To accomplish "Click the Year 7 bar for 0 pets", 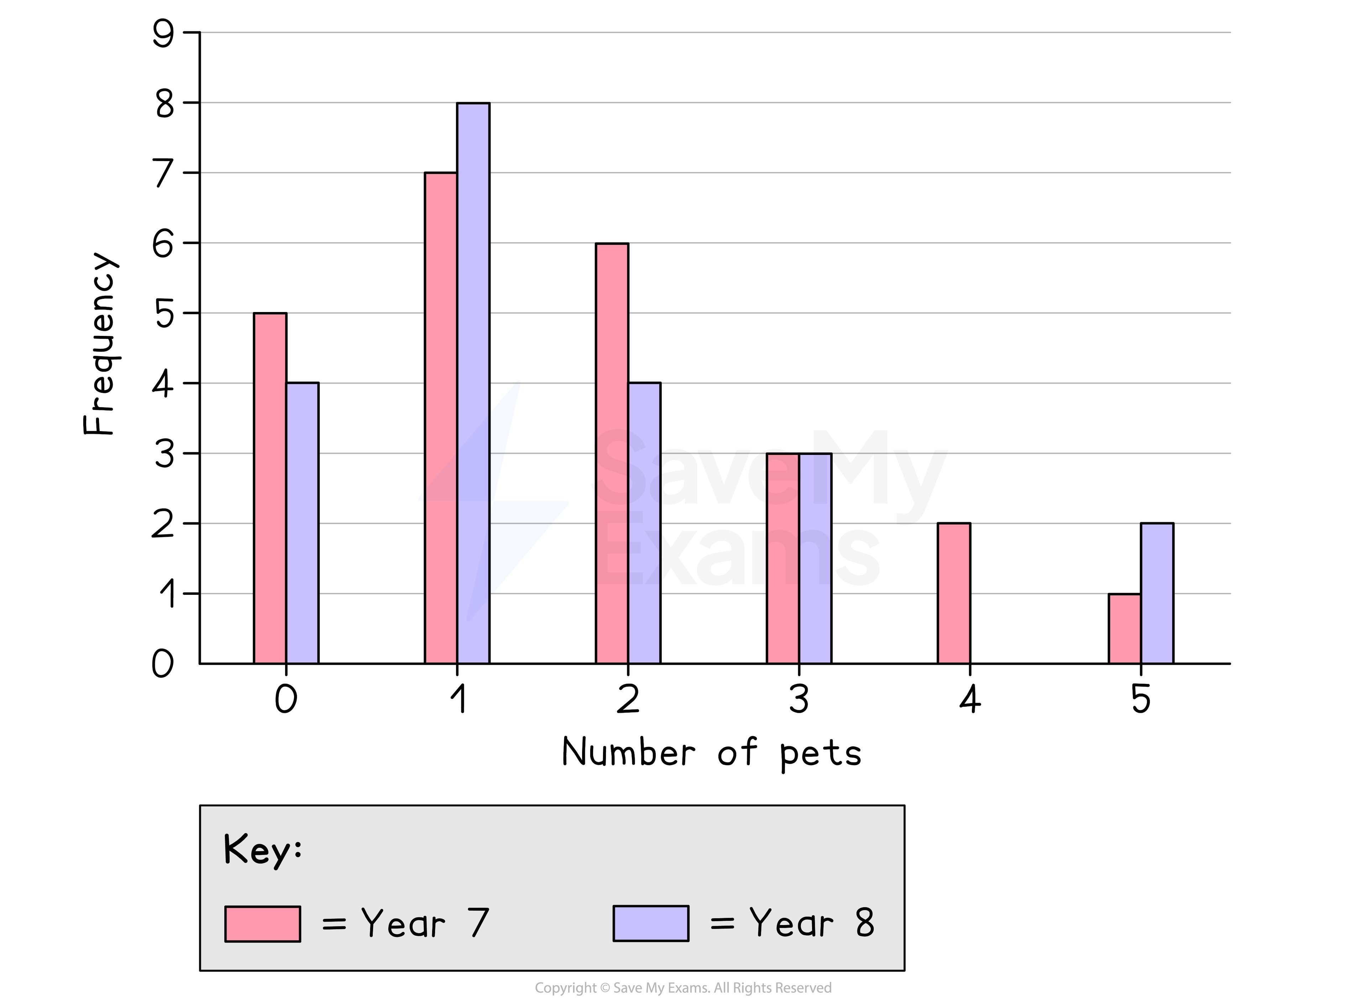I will click(x=270, y=488).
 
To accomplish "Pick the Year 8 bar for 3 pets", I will click(x=815, y=559).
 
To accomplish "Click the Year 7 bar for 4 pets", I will click(x=954, y=593).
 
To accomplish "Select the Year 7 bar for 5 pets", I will click(x=1125, y=628).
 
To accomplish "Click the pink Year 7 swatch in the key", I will click(x=262, y=924).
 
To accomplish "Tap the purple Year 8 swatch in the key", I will click(x=650, y=923).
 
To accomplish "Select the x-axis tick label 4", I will click(x=970, y=699).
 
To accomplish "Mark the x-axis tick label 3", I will click(x=799, y=699).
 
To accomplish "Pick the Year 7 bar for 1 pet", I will click(x=441, y=419).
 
